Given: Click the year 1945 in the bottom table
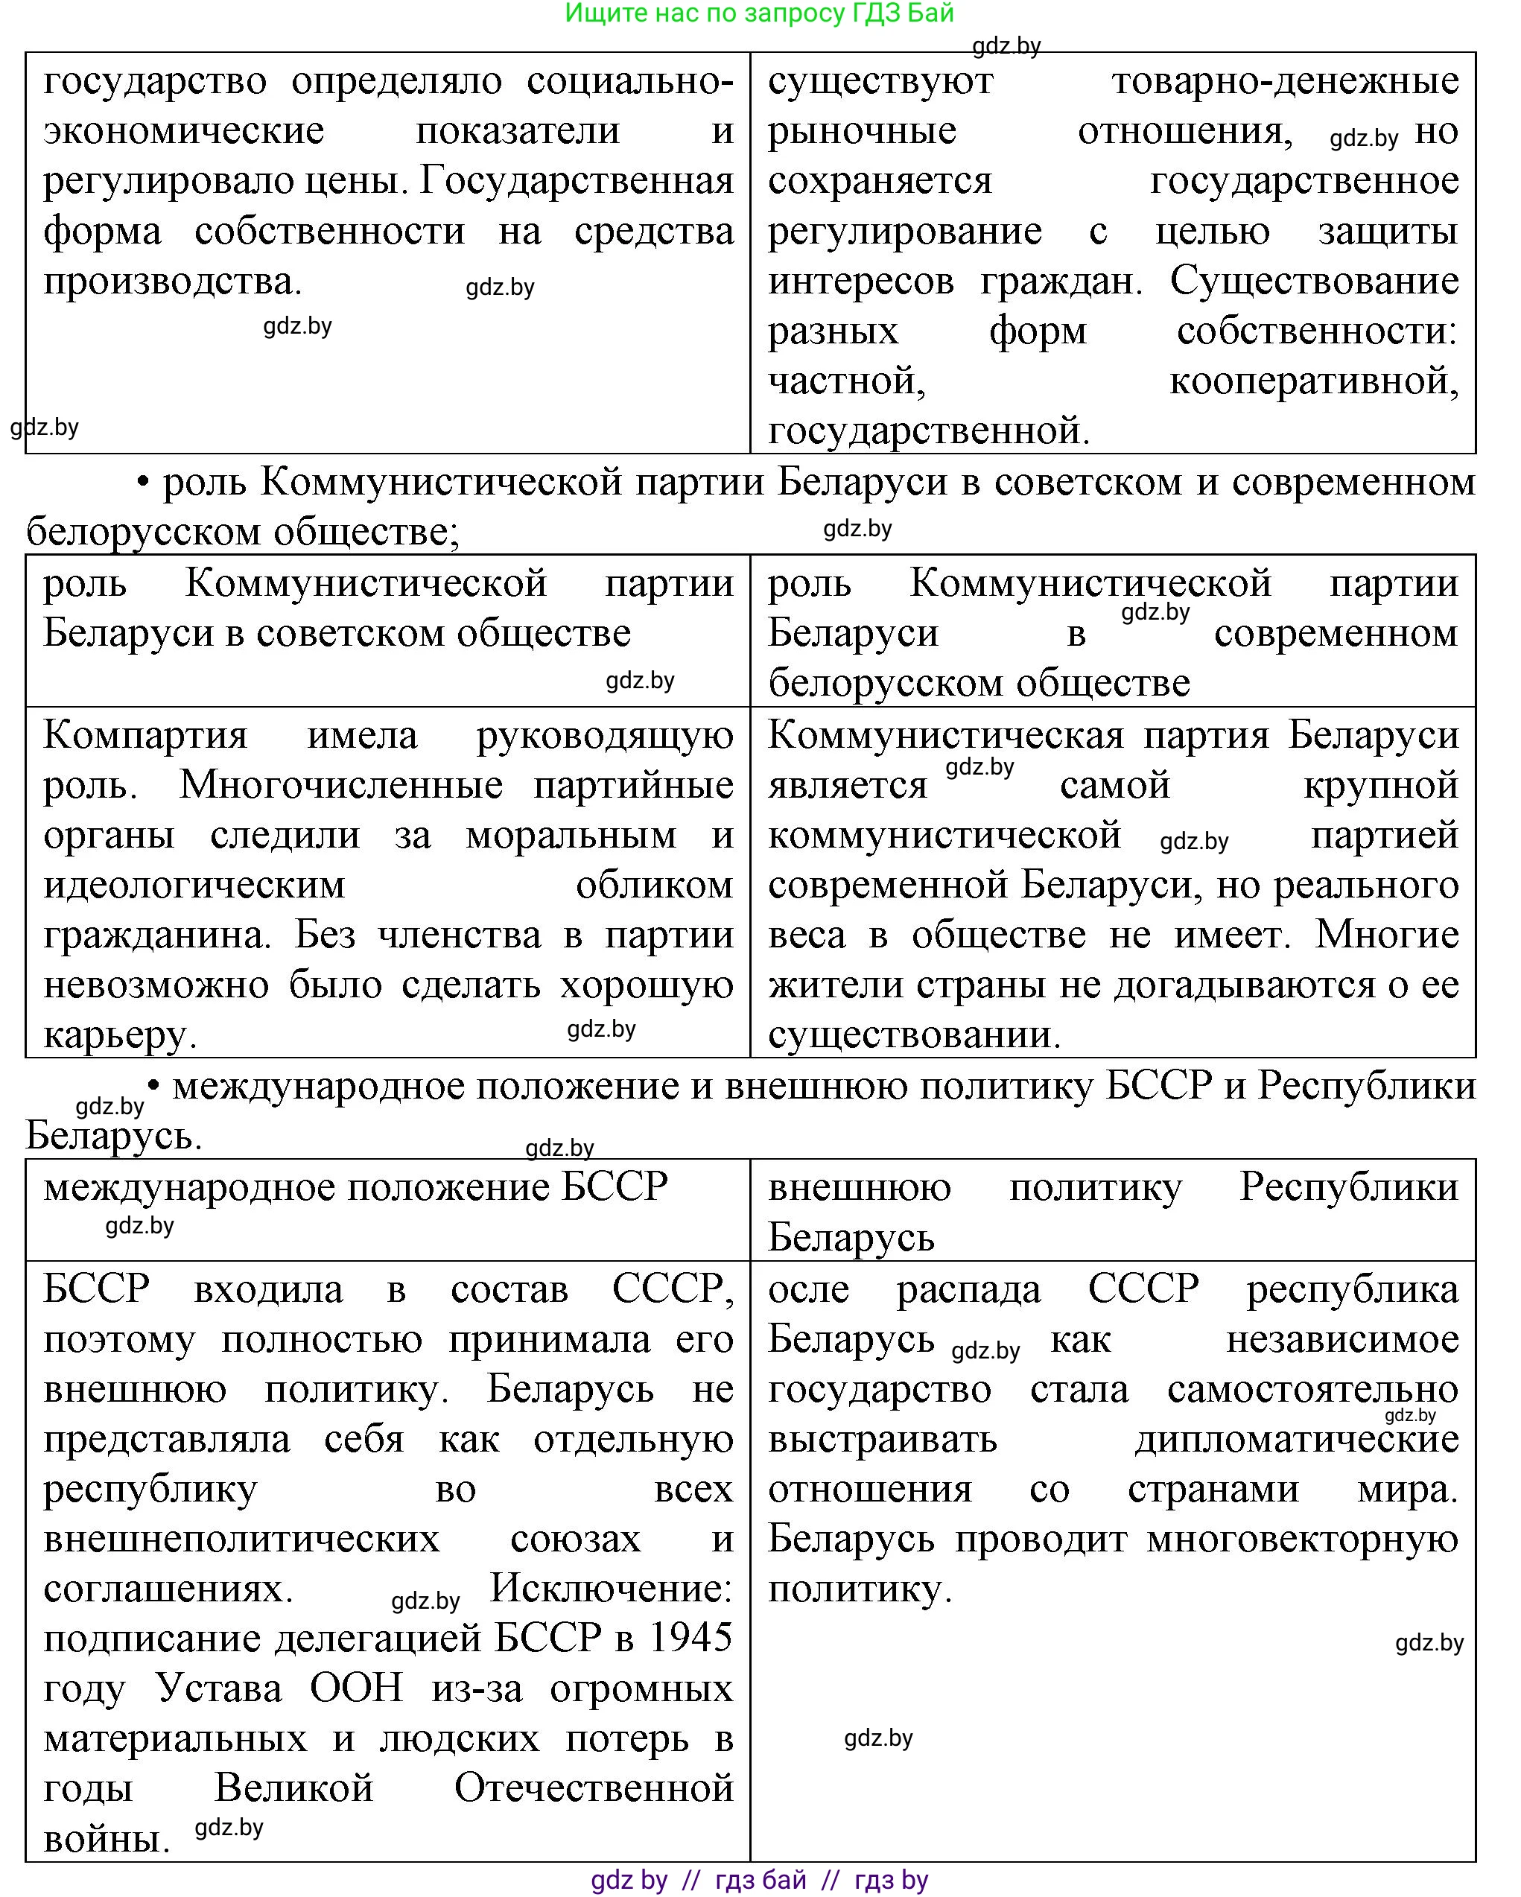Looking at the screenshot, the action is (x=690, y=1639).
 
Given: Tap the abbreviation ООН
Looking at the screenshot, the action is (x=356, y=1688).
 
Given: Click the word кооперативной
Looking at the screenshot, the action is (x=1313, y=382).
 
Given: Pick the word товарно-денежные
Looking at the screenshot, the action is (x=1285, y=81).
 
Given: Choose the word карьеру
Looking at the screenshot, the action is (x=120, y=1035).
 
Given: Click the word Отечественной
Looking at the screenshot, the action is (x=594, y=1789).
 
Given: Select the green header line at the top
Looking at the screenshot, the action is (x=759, y=13).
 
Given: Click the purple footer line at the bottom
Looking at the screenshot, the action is (x=759, y=1881).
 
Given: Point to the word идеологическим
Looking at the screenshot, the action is (x=194, y=885).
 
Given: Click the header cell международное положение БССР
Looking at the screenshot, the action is (x=355, y=1188).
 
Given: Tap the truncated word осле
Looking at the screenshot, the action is (x=808, y=1289).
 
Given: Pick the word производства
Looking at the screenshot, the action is (x=172, y=282).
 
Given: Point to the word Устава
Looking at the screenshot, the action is (x=219, y=1688).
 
